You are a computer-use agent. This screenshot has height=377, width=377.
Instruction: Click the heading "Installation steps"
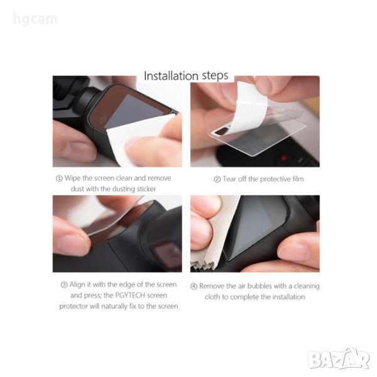[186, 75]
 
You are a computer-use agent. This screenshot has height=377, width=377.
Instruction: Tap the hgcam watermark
[35, 19]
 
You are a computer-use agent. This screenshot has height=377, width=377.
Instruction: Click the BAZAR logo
[339, 359]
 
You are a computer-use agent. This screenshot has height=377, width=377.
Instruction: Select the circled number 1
[59, 178]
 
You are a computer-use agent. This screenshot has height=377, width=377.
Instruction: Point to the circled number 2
[217, 179]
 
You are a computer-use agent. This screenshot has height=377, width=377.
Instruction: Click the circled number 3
[64, 285]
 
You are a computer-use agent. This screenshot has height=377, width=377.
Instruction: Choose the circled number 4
[194, 287]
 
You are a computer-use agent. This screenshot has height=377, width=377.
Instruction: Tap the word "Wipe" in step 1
[73, 178]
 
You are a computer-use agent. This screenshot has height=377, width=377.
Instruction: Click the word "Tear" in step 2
[229, 179]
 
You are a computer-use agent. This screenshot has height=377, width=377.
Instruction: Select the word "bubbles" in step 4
[260, 286]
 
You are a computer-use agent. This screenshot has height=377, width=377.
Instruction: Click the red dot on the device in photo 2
[284, 158]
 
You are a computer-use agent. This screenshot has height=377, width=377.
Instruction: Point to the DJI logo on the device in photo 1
[103, 118]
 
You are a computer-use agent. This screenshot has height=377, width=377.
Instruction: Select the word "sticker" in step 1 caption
[146, 188]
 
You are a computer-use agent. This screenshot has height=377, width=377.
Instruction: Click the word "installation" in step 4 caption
[288, 297]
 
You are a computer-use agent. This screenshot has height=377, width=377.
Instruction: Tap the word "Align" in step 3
[77, 285]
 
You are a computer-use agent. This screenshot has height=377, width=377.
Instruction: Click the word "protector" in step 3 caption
[74, 307]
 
